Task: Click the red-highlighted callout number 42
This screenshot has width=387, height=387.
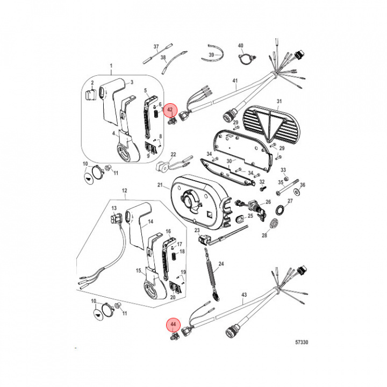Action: pyautogui.click(x=170, y=110)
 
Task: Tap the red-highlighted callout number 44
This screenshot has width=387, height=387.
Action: pyautogui.click(x=173, y=325)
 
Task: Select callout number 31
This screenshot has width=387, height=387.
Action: pyautogui.click(x=279, y=102)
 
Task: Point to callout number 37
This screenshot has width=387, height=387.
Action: pyautogui.click(x=157, y=47)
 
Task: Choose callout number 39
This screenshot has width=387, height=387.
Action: pyautogui.click(x=211, y=55)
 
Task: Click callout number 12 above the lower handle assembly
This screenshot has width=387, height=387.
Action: pyautogui.click(x=124, y=191)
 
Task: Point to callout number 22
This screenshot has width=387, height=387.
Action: pyautogui.click(x=173, y=154)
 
